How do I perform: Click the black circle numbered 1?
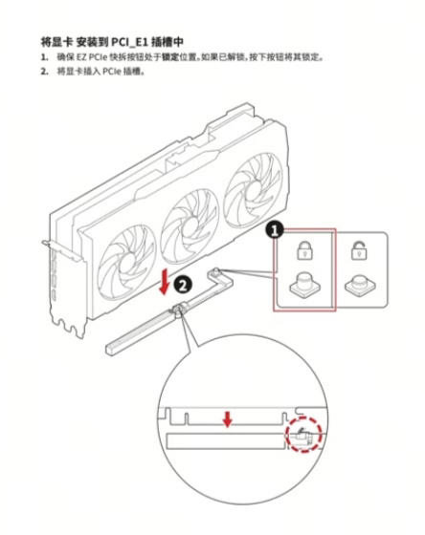274,230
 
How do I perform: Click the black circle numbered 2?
183,285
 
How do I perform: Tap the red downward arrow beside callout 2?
165,282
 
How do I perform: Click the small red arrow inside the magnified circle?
227,419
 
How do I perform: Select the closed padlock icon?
304,250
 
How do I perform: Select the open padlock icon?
359,250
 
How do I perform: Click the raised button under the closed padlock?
305,284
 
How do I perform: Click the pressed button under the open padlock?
360,286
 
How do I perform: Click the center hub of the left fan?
128,262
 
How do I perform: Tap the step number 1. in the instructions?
44,57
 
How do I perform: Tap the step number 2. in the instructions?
44,72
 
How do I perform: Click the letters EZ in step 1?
81,57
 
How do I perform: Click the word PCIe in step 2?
111,72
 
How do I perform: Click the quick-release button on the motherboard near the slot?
215,272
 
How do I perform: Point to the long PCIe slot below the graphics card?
145,329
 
